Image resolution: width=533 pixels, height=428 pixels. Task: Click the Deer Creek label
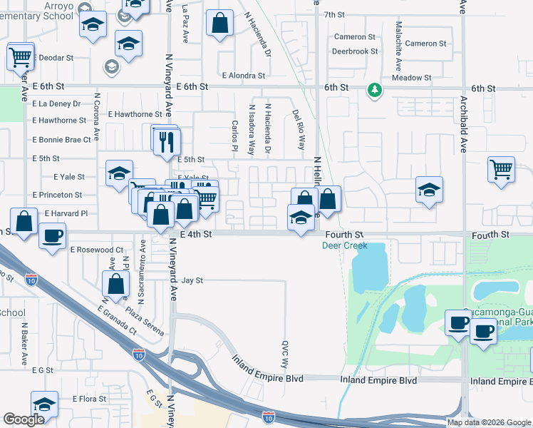click(345, 245)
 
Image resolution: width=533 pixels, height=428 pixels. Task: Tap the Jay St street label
click(192, 281)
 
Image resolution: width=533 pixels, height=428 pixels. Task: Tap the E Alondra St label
click(243, 75)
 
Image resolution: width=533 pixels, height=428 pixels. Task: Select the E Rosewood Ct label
click(97, 250)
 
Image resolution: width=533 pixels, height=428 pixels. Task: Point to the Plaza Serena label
click(145, 321)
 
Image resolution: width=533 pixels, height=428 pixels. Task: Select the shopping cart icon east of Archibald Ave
click(501, 170)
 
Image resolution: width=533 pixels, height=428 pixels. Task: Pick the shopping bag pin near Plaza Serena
click(115, 284)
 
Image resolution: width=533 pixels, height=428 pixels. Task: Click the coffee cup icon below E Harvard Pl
click(51, 236)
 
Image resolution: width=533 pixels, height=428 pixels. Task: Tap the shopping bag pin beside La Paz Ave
click(220, 23)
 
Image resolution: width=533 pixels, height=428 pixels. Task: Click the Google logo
click(24, 419)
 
